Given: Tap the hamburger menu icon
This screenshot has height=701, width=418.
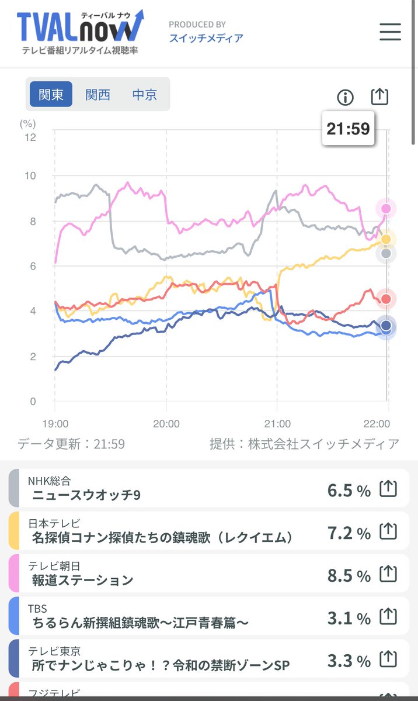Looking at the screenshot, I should [390, 32].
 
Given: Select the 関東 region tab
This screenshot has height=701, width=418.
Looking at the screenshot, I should [51, 94].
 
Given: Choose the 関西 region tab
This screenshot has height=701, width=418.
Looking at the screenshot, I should [97, 94].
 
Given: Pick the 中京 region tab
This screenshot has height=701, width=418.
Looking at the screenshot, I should [144, 94].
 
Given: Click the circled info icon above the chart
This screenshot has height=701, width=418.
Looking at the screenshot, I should [346, 98].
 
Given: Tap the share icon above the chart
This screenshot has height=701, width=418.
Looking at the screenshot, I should [379, 97].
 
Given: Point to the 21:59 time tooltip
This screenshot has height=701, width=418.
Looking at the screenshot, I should [348, 128].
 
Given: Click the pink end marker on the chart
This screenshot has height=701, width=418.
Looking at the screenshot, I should [386, 208].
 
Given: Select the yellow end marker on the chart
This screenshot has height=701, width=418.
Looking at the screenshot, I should [386, 239].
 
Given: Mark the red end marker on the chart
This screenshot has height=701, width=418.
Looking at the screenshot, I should [385, 299].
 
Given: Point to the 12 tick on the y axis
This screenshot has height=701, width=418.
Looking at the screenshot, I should [29, 137].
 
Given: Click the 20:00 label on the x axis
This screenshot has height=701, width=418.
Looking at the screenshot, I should [166, 423].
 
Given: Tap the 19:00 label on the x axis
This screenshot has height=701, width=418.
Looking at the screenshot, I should [55, 423].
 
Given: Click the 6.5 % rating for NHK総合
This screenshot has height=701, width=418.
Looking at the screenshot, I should [349, 490].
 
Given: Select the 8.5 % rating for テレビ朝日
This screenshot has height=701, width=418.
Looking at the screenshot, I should [349, 575].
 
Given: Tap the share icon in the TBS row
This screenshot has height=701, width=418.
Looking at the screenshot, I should [388, 616].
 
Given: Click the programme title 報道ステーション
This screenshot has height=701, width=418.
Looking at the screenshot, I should [83, 580].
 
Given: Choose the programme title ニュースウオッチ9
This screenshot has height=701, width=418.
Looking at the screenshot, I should [86, 495].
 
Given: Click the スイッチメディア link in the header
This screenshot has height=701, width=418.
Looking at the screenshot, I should [206, 38].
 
